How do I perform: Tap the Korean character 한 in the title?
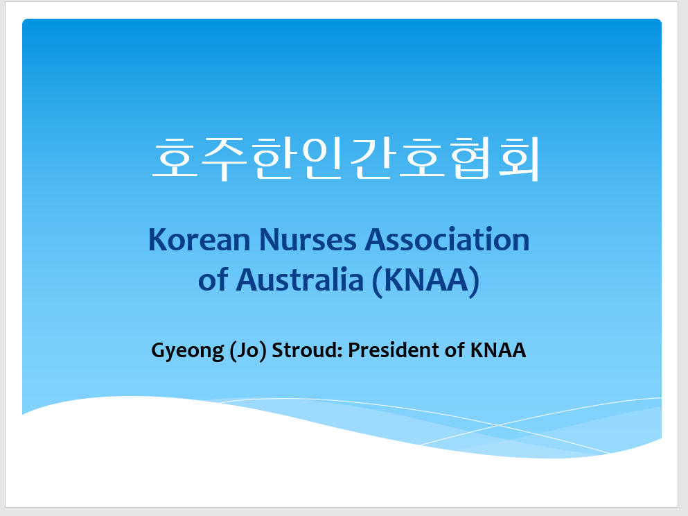pyautogui.click(x=272, y=159)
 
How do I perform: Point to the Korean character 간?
pyautogui.click(x=371, y=159)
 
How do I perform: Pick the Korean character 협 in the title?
pyautogui.click(x=470, y=159)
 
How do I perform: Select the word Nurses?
pyautogui.click(x=308, y=240)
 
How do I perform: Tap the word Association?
pyautogui.click(x=447, y=240)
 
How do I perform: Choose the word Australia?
pyautogui.click(x=300, y=279)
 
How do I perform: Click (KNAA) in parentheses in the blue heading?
pyautogui.click(x=425, y=281)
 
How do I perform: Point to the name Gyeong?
pyautogui.click(x=188, y=351)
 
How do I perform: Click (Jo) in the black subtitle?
pyautogui.click(x=248, y=351)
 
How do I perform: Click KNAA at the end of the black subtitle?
pyautogui.click(x=498, y=350)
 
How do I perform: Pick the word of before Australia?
pyautogui.click(x=213, y=279)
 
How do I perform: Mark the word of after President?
pyautogui.click(x=455, y=350)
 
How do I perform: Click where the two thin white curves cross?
pyautogui.click(x=498, y=425)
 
